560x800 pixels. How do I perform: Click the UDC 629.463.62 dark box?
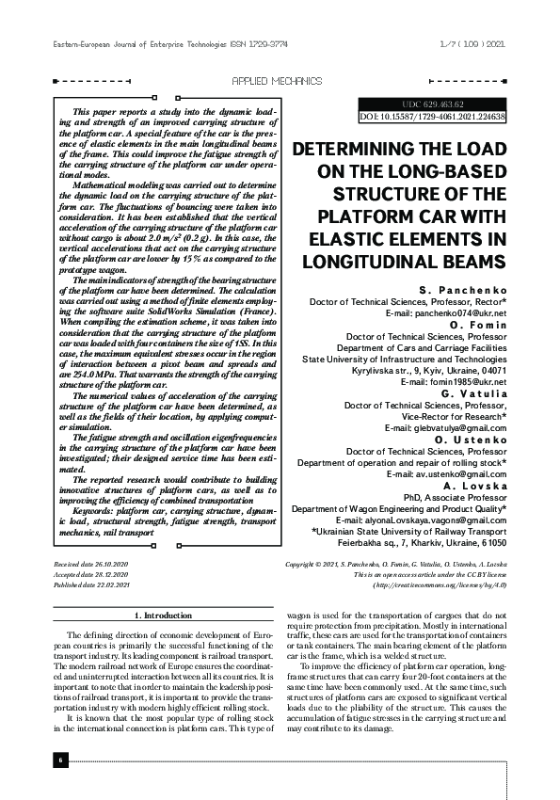point(433,104)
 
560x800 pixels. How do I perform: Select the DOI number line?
point(433,117)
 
